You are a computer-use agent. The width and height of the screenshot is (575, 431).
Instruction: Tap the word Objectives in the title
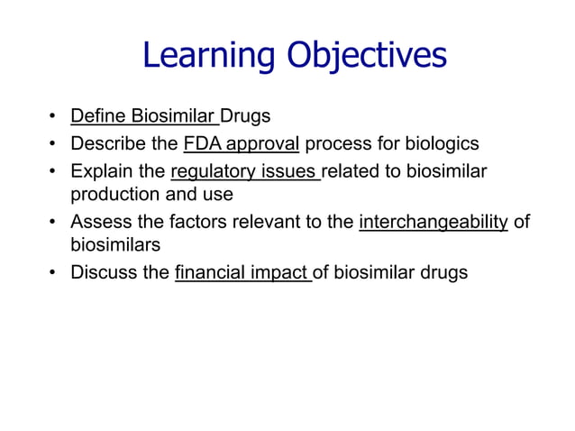366,56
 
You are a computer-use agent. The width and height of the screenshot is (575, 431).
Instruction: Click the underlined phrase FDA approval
241,143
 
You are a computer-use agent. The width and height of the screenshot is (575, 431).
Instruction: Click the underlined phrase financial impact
242,273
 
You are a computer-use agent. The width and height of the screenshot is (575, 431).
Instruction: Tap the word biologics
441,143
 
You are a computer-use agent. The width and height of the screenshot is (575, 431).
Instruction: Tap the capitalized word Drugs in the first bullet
246,116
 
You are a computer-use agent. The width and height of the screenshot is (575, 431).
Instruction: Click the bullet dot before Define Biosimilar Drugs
53,117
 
